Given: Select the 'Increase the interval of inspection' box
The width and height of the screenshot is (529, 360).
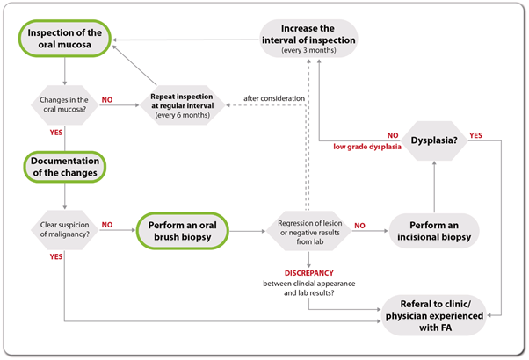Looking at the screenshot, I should coord(319,40).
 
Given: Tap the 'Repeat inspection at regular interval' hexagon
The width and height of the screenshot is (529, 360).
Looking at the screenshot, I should coord(185,104).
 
